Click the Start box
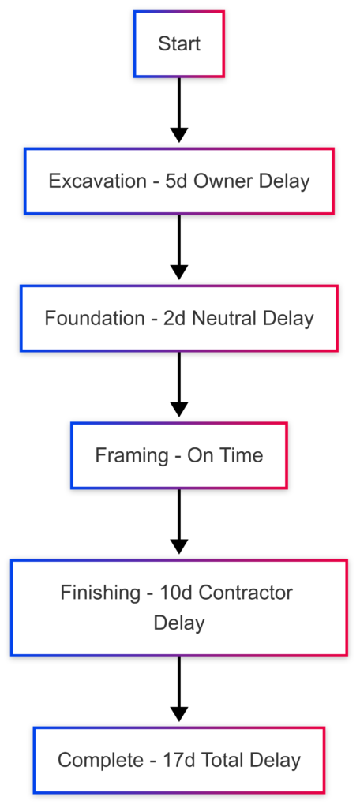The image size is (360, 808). point(179,44)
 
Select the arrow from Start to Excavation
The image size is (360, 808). point(179,110)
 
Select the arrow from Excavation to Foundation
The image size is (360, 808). point(179,247)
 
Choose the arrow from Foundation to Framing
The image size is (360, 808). point(179,384)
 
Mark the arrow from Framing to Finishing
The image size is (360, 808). point(179,522)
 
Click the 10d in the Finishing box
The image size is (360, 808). point(173,593)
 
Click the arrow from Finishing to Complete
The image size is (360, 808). point(179,690)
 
